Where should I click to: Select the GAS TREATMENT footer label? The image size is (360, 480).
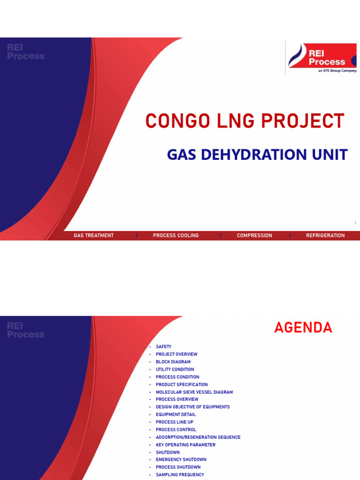(94, 235)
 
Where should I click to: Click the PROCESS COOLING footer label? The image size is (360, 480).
(176, 235)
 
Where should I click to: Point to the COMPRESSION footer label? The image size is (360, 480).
(255, 235)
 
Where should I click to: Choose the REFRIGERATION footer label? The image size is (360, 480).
(325, 235)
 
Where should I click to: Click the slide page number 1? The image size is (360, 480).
(355, 223)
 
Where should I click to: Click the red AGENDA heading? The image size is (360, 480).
(303, 328)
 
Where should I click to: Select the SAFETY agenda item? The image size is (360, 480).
(164, 347)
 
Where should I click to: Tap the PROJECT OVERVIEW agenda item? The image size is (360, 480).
(177, 354)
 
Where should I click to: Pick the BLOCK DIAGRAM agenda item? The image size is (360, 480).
(173, 362)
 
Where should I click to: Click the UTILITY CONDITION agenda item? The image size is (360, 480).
(175, 369)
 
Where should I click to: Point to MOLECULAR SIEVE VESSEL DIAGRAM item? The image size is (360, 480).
(195, 392)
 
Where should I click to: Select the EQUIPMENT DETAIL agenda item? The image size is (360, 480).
(176, 414)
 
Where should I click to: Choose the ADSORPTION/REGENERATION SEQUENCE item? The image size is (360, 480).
(198, 437)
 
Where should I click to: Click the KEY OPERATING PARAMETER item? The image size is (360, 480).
(186, 444)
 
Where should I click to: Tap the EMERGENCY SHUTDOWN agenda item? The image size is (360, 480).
(181, 459)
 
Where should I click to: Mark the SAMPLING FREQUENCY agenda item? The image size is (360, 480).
(180, 474)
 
